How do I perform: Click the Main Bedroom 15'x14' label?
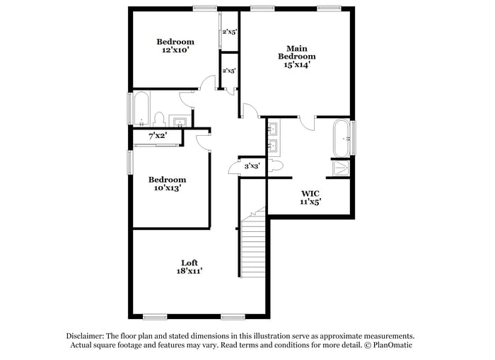pyautogui.click(x=296, y=57)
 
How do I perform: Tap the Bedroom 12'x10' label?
pyautogui.click(x=175, y=46)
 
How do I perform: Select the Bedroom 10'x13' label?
pyautogui.click(x=167, y=184)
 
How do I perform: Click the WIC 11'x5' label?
pyautogui.click(x=311, y=197)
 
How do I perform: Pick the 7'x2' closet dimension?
pyautogui.click(x=157, y=136)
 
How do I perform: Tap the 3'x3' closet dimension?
pyautogui.click(x=252, y=166)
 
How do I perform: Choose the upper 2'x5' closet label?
pyautogui.click(x=229, y=32)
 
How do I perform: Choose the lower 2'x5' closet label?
pyautogui.click(x=229, y=71)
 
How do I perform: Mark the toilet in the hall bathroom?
pyautogui.click(x=160, y=118)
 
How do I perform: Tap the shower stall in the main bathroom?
pyautogui.click(x=341, y=168)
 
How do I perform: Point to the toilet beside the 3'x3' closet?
pyautogui.click(x=276, y=165)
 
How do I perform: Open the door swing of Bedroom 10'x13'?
pyautogui.click(x=203, y=141)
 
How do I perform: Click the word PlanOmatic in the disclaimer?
pyautogui.click(x=388, y=345)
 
